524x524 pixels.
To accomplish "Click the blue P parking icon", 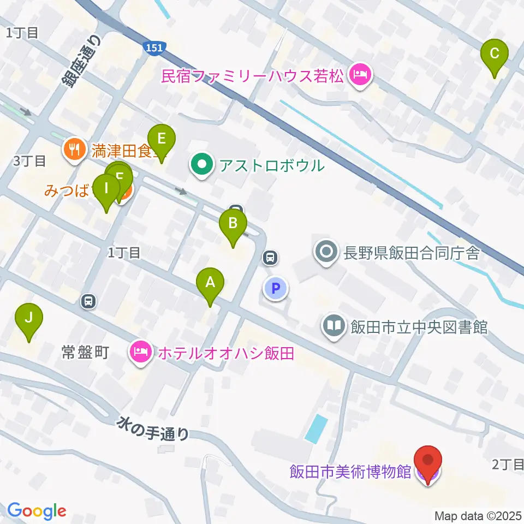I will coord(276,288).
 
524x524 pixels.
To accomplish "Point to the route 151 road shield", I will coord(154,49).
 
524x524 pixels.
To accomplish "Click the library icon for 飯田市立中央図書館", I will coord(334,327).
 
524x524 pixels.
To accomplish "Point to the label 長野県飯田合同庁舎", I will coord(411,253).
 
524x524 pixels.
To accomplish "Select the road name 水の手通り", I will coord(154,427).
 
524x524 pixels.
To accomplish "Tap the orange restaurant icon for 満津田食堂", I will coord(73,150).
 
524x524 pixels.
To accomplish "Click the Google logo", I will coord(37,511).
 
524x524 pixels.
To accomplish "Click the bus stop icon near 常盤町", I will coord(88,300).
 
